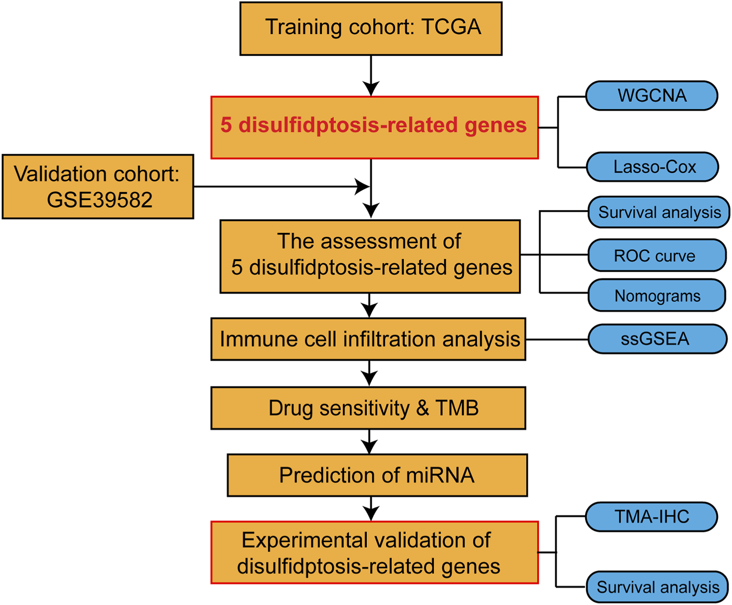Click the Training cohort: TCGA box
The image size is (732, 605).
pyautogui.click(x=371, y=28)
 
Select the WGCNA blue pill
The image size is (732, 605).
pyautogui.click(x=652, y=96)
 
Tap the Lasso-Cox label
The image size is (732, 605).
pyautogui.click(x=654, y=167)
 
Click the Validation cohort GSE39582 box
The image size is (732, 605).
pyautogui.click(x=98, y=187)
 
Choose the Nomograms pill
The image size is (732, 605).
pyautogui.click(x=657, y=296)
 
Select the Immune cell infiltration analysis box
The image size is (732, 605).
pyautogui.click(x=368, y=340)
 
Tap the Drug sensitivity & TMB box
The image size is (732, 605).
pyautogui.click(x=368, y=408)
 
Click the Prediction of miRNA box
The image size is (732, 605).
pyautogui.click(x=377, y=476)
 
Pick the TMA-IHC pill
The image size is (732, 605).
pyautogui.click(x=652, y=517)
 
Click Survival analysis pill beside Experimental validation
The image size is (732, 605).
pyautogui.click(x=658, y=587)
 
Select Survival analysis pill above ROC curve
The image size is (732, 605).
pyautogui.click(x=659, y=212)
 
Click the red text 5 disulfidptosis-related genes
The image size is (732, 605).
pyautogui.click(x=374, y=126)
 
